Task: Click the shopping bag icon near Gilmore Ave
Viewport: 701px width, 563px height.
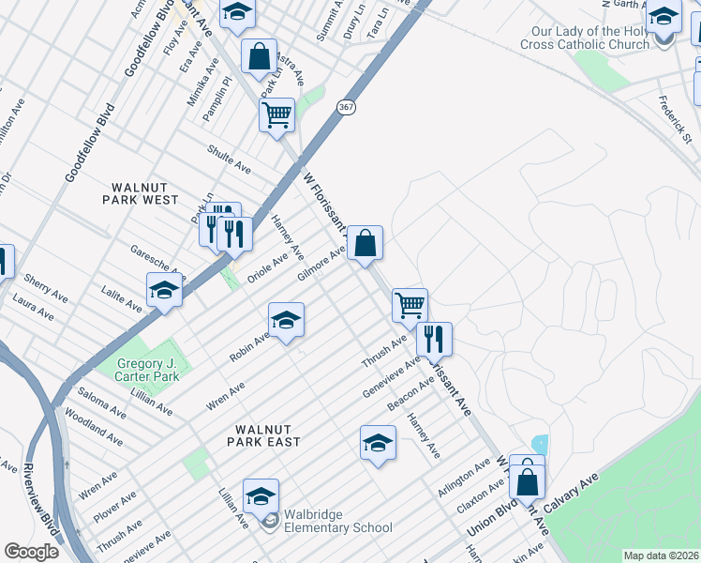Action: click(365, 243)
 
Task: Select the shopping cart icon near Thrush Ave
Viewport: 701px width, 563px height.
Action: click(410, 304)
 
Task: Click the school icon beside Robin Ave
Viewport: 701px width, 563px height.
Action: click(286, 320)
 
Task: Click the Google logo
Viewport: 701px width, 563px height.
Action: click(31, 552)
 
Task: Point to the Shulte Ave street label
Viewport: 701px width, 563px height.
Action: click(230, 159)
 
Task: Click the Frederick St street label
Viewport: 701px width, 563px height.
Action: click(675, 119)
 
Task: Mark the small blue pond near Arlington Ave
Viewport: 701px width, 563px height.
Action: click(539, 443)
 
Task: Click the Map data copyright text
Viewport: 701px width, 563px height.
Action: click(661, 555)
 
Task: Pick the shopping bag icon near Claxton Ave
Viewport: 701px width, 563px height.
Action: click(529, 481)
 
